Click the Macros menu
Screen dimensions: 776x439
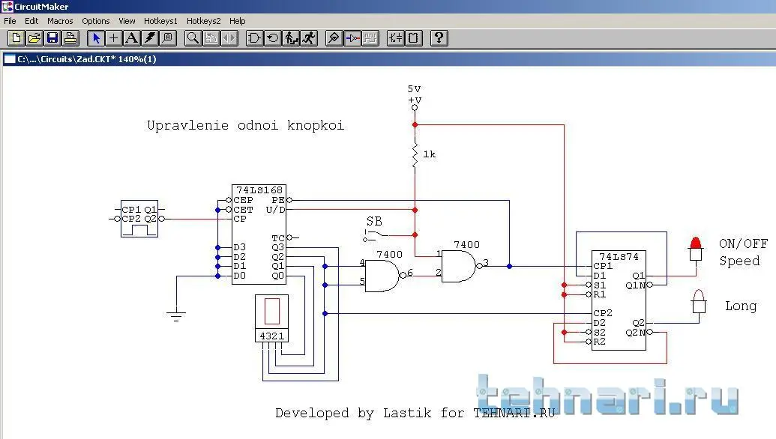(x=60, y=21)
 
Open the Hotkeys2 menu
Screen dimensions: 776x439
(x=203, y=21)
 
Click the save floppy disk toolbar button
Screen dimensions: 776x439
(x=52, y=38)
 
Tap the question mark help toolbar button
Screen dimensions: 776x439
(x=439, y=38)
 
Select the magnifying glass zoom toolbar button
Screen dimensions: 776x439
(x=193, y=38)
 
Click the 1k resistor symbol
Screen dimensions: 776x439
(x=415, y=154)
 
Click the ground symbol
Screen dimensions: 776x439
(x=175, y=315)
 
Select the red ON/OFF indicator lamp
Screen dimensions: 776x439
(x=695, y=249)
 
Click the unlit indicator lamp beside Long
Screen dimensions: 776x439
(x=698, y=301)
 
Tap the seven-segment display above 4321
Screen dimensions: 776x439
(x=271, y=312)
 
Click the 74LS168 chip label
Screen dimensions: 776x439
(x=259, y=190)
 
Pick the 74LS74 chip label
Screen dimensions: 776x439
(x=619, y=256)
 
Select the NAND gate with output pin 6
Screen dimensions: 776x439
(x=382, y=276)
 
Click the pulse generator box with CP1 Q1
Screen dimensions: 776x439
(x=139, y=219)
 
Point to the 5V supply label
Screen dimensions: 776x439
(x=414, y=89)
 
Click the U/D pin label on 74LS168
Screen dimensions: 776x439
(x=275, y=210)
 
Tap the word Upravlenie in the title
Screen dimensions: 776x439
(x=187, y=126)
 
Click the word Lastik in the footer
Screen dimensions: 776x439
(x=407, y=413)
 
